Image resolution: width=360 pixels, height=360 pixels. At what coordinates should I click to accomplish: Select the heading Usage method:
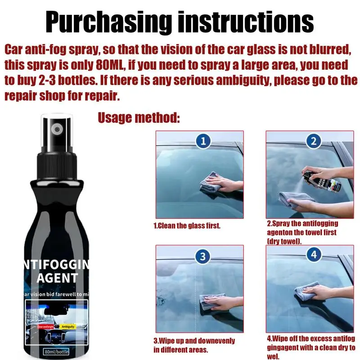coord(139,118)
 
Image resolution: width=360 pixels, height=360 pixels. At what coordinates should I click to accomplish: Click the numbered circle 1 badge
coord(203,141)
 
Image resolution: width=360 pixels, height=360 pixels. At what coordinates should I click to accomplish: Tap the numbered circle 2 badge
coord(313,141)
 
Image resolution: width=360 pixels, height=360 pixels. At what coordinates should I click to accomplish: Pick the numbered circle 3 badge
coord(203,256)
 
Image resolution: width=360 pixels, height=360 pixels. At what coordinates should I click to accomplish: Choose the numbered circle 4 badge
coord(313,255)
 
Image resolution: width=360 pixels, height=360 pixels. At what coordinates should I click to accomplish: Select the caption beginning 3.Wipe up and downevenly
coord(194,345)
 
